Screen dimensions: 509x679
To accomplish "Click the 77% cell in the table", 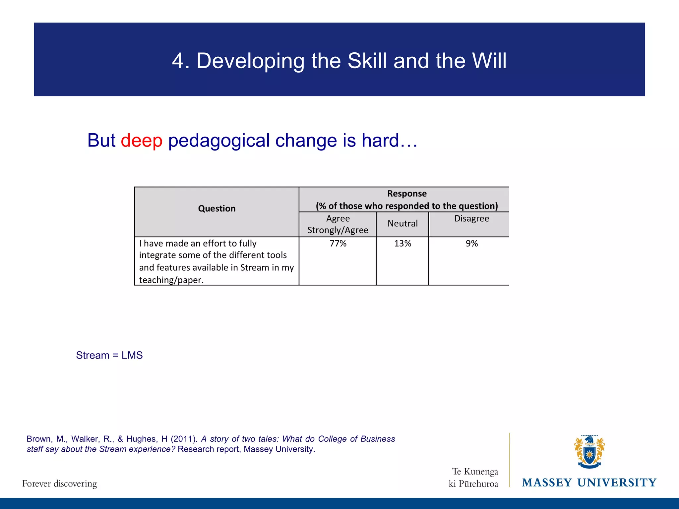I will (x=338, y=244).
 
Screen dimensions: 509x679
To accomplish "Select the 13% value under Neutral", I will (x=402, y=244).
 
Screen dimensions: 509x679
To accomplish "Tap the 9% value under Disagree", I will (x=471, y=244).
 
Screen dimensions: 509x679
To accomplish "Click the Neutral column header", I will (x=402, y=224).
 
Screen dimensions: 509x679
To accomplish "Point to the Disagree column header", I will (x=471, y=219).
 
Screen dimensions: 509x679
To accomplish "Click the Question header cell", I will (x=217, y=209).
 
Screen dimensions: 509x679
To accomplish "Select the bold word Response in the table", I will (x=407, y=194).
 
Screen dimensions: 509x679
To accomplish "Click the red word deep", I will (x=142, y=141).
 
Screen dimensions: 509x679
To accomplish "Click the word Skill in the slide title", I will (x=367, y=61).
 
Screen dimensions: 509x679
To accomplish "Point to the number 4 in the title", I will (x=178, y=61).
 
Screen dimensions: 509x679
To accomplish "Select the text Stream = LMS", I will (x=109, y=355).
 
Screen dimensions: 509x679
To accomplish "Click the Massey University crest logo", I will (x=589, y=452).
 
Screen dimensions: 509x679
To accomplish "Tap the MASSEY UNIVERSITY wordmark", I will (x=589, y=483).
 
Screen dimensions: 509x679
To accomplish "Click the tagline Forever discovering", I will (x=60, y=483).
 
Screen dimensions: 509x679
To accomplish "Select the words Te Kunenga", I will (x=475, y=471).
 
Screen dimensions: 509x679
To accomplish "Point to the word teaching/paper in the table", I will (x=171, y=280).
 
